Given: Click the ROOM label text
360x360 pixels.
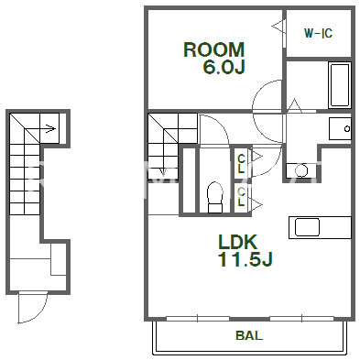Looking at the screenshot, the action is pos(213,49).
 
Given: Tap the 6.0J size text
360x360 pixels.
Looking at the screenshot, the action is pos(224,67).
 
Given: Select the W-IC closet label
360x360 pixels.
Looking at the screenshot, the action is pos(318,33).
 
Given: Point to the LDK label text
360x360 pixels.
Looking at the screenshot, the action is pos(238,242).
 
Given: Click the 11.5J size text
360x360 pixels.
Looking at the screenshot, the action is pos(245,259).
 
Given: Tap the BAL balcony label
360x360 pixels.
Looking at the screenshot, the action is pos(249,335).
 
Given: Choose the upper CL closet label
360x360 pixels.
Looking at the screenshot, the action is pos(241,164).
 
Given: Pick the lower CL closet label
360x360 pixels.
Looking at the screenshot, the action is pos(241,197).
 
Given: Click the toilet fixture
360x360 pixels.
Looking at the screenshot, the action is pos(215,197).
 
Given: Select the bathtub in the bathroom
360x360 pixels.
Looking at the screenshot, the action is pos(340,85).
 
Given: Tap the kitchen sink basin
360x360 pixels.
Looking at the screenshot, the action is pos(307,227).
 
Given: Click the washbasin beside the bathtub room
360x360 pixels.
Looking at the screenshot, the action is pos(340,128).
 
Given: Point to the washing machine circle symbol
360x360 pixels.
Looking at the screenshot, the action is pos(301,170).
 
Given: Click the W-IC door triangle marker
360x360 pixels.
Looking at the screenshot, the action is pos(278,27).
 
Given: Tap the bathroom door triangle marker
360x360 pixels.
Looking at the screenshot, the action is pos(295,105).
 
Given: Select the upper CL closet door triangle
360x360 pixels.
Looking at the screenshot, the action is pos(256,158).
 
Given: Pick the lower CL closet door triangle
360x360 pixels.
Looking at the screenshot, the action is pos(256,204).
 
